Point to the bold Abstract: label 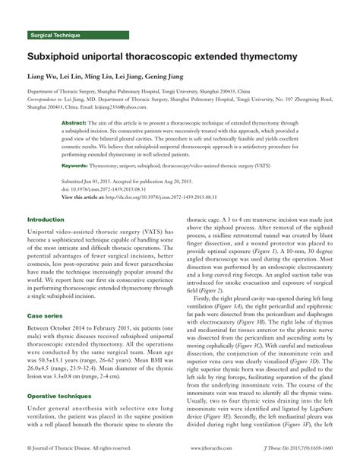pos(73,123)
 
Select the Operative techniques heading pos(59,396)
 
